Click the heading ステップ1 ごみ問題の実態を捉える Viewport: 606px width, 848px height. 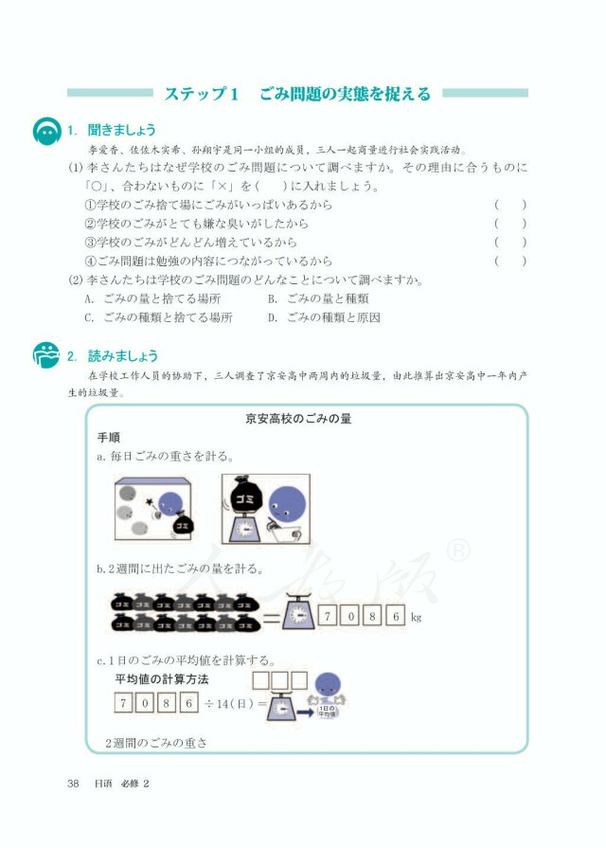[x=297, y=93]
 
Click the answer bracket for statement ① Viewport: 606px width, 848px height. [x=510, y=206]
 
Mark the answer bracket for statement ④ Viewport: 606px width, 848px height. [x=510, y=261]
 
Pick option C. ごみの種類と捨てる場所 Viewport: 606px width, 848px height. [x=157, y=317]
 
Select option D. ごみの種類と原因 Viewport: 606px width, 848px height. [x=323, y=317]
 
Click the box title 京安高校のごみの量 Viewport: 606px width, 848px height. [x=298, y=418]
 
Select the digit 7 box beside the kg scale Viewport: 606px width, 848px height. [x=328, y=616]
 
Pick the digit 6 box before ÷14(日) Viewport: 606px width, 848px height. [x=189, y=703]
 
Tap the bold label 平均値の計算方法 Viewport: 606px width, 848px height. [x=161, y=679]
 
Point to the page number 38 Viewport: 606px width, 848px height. [x=73, y=783]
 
